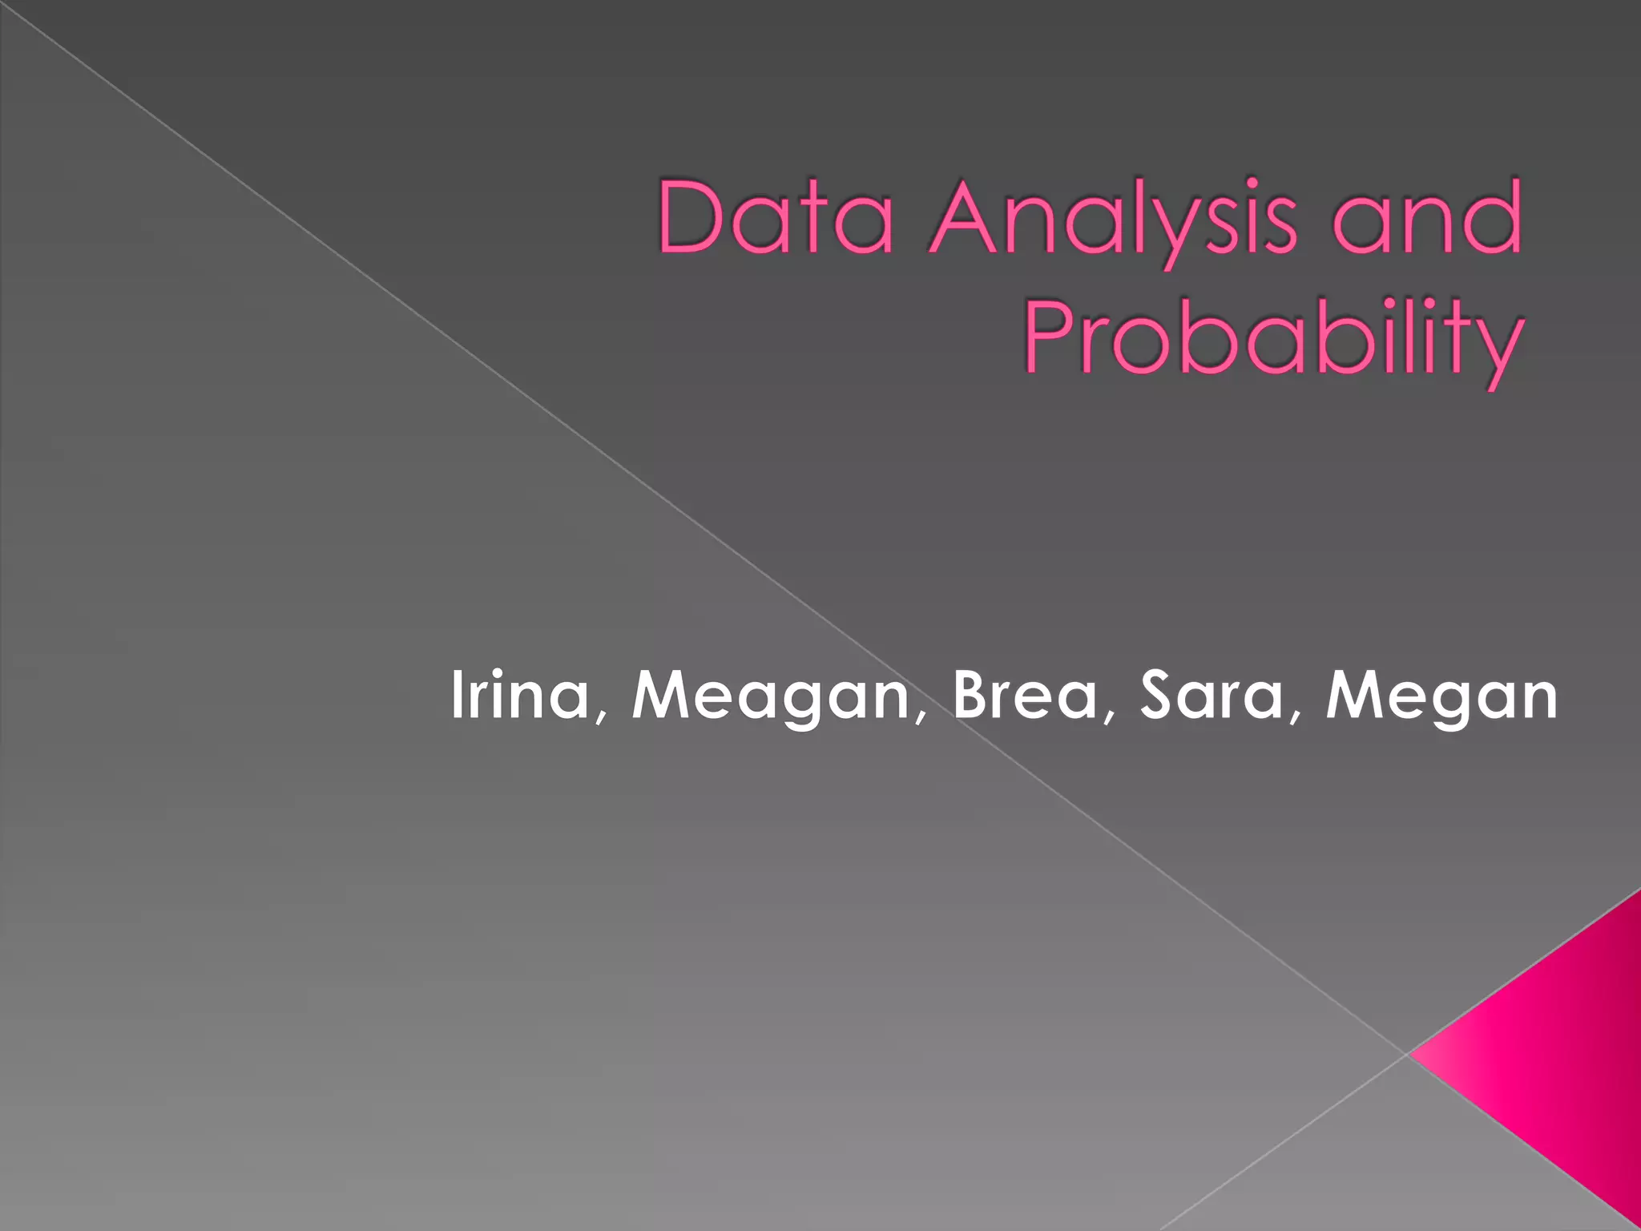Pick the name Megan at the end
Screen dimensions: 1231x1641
(1441, 696)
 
